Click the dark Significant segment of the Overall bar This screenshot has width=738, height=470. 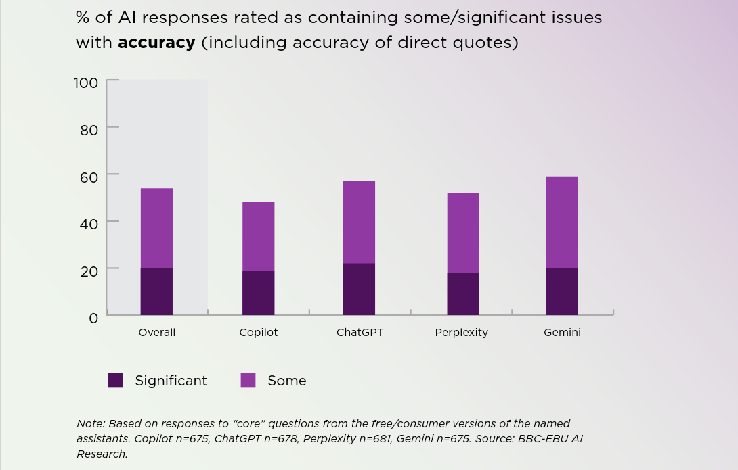(x=156, y=291)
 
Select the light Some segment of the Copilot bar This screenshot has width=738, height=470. (x=258, y=236)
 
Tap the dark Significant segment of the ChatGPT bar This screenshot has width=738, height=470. (x=359, y=289)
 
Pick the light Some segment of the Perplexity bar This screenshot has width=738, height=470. (x=463, y=233)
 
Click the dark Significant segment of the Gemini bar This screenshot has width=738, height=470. (x=562, y=291)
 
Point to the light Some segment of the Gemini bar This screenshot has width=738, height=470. (x=562, y=222)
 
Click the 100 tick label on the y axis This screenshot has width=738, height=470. (x=86, y=83)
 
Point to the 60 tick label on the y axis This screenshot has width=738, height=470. (x=89, y=177)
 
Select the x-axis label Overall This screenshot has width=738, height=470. (x=156, y=333)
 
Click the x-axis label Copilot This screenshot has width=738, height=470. (x=258, y=333)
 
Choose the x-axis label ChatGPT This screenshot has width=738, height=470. (x=360, y=333)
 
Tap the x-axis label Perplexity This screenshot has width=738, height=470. (x=461, y=333)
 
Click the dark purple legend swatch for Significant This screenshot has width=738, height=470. (x=116, y=381)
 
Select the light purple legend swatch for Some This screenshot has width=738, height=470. (x=248, y=381)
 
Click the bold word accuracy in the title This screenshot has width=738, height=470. (x=156, y=43)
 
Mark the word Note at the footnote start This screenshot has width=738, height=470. (x=90, y=424)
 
